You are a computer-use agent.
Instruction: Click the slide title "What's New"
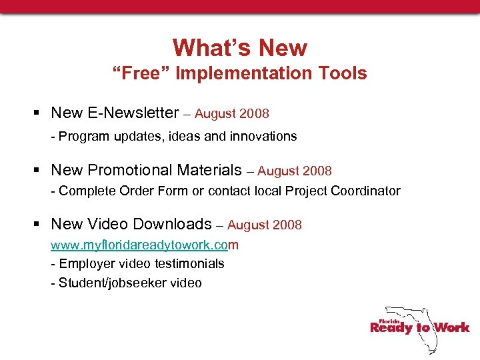coord(240,48)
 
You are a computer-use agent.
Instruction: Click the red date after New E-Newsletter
coord(232,114)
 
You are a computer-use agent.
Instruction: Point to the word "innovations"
coord(265,136)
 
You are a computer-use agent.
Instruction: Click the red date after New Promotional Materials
coord(295,171)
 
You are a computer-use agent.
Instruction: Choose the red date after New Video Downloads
coord(265,225)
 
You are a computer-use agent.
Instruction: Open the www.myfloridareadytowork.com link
coord(144,245)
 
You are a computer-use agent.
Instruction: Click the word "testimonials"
coord(187,263)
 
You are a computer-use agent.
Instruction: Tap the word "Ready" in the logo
coord(391,327)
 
